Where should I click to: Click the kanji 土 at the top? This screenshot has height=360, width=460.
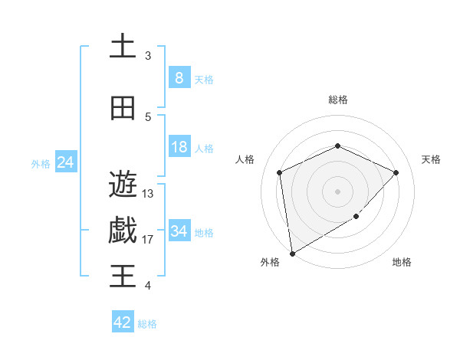point(123,47)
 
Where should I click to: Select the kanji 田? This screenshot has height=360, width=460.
point(123,108)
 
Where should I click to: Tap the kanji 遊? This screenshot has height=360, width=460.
point(123,184)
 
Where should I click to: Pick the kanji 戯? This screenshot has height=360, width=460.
point(123,231)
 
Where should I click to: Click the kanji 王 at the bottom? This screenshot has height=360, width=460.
point(123,276)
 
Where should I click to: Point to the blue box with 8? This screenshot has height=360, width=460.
point(179,78)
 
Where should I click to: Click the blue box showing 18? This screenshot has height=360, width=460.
point(179,147)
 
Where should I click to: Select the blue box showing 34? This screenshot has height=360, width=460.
point(179,231)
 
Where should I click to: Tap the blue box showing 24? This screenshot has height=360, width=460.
point(66,162)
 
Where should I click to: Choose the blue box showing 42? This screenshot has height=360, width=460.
point(123,322)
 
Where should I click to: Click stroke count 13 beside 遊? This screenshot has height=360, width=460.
point(148,193)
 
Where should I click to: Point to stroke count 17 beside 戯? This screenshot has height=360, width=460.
point(148,240)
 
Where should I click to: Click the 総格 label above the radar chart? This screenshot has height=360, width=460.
point(338,100)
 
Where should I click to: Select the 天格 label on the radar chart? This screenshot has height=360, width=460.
point(431,159)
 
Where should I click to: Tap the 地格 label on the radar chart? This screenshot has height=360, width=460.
point(402,262)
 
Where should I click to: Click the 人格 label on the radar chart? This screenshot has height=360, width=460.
point(245,159)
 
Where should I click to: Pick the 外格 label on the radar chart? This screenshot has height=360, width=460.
point(270,262)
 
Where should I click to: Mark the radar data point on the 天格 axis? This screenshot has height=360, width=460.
point(396,172)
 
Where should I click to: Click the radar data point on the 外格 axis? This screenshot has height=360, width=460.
point(292,253)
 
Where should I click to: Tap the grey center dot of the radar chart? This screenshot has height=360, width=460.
point(338,191)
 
